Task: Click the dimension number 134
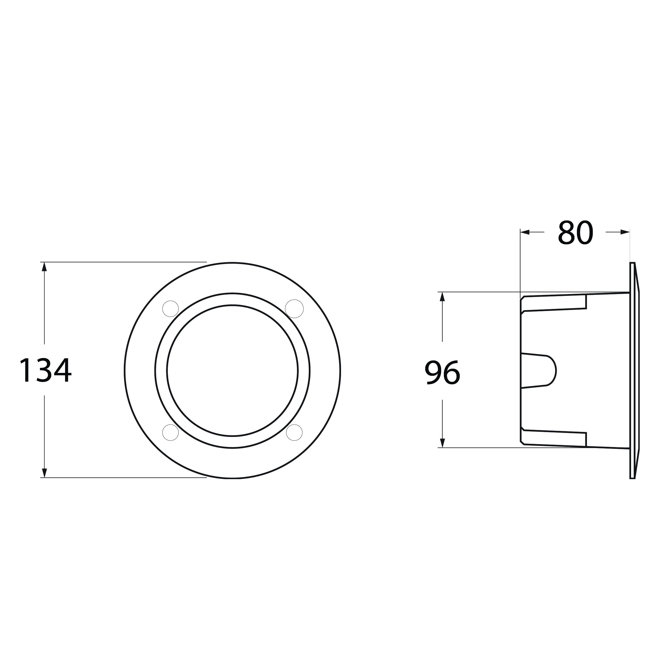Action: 45,370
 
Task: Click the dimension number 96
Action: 442,372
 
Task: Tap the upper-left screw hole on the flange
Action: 171,309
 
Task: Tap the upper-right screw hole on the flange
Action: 295,309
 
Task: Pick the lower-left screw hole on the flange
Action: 171,432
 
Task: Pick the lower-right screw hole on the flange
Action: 295,432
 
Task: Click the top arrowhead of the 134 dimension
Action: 44,267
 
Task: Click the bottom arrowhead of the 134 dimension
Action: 44,473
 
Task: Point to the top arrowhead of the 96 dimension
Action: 442,297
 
